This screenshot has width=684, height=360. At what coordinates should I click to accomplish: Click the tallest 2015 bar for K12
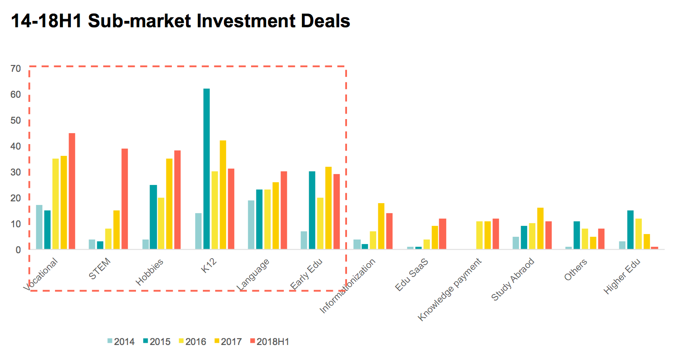click(x=206, y=169)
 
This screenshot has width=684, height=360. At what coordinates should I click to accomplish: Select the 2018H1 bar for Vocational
click(x=72, y=191)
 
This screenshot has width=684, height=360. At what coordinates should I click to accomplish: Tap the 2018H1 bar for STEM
click(x=125, y=199)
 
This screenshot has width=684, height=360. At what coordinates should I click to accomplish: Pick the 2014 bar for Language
click(x=251, y=225)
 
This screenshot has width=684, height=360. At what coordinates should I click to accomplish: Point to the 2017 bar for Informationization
click(x=381, y=226)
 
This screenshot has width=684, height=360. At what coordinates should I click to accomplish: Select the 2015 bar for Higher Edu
click(x=630, y=230)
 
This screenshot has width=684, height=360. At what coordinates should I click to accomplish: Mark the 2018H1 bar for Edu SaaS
click(x=442, y=234)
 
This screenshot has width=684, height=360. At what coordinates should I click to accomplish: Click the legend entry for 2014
click(x=121, y=341)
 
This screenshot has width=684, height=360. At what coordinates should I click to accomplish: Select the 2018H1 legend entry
click(x=269, y=341)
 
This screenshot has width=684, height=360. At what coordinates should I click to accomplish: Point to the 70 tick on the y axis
click(x=16, y=69)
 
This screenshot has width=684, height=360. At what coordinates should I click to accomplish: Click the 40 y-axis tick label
click(x=16, y=147)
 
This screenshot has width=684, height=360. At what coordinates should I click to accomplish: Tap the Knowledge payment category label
click(x=450, y=289)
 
